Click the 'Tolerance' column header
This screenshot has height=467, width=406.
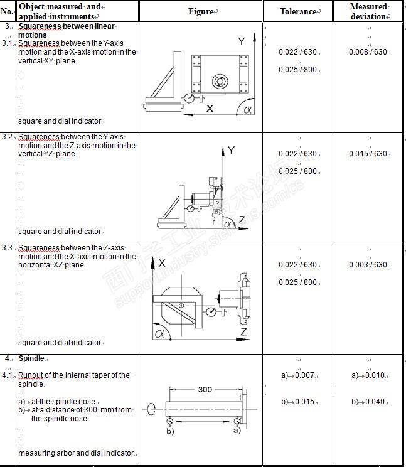(298, 12)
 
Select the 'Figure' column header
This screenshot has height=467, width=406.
(201, 12)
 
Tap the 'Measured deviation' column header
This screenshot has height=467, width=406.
(368, 11)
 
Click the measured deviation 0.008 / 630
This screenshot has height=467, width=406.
(368, 52)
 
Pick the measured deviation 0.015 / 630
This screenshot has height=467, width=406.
(368, 154)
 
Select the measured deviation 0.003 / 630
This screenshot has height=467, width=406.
(368, 265)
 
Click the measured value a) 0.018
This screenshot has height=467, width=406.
(368, 375)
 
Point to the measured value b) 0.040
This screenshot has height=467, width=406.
(368, 402)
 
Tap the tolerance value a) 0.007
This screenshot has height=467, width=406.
(297, 375)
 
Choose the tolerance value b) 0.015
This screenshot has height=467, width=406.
(297, 402)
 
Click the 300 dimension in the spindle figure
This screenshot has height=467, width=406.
(205, 389)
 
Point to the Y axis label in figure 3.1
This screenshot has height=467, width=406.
(241, 41)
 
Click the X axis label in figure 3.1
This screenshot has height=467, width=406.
(210, 109)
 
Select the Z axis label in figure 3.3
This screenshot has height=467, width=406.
(243, 331)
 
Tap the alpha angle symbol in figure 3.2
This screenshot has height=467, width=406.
(228, 224)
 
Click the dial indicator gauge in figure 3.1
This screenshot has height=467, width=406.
(188, 99)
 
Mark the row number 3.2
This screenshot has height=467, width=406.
(8, 137)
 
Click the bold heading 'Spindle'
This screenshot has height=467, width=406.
(31, 358)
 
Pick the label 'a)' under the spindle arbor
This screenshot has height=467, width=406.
(237, 432)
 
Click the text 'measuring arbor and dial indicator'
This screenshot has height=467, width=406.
(75, 453)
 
